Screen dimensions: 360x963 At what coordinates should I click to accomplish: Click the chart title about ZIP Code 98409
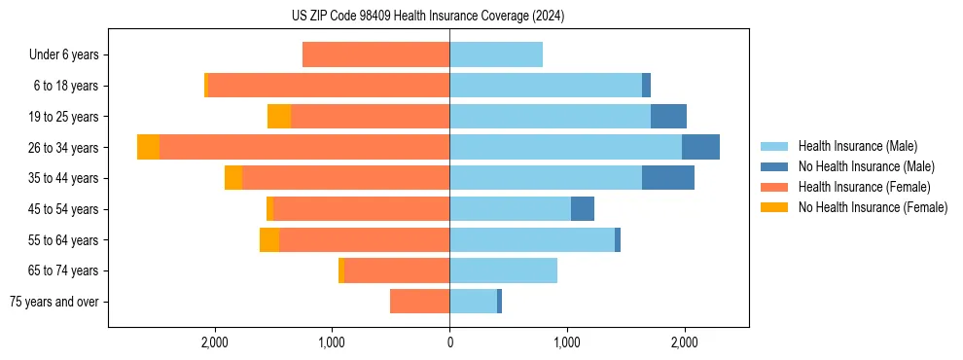pos(428,16)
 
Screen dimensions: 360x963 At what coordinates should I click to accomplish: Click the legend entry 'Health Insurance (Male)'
pos(857,146)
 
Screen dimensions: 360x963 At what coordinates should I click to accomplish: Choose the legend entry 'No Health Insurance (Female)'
pos(873,207)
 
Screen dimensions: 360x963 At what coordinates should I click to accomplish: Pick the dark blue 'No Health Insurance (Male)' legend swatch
pos(774,166)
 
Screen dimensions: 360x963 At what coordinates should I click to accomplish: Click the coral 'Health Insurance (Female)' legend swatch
pos(774,187)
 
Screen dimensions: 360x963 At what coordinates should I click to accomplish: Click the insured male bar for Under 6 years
pos(496,54)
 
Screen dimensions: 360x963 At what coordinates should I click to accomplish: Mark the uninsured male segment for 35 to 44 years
pos(668,178)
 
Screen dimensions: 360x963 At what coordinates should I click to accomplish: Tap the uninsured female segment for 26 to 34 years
pos(148,147)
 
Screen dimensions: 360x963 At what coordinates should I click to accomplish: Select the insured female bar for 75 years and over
pos(419,302)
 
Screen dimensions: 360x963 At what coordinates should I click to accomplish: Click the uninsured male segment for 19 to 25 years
pos(668,117)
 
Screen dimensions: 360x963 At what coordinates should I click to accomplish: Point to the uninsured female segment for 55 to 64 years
pos(269,239)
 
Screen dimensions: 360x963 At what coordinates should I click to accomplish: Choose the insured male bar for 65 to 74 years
pos(503,270)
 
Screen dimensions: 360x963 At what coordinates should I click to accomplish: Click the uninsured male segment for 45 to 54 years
pos(582,209)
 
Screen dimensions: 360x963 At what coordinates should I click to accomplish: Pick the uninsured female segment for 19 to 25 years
pos(279,117)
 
